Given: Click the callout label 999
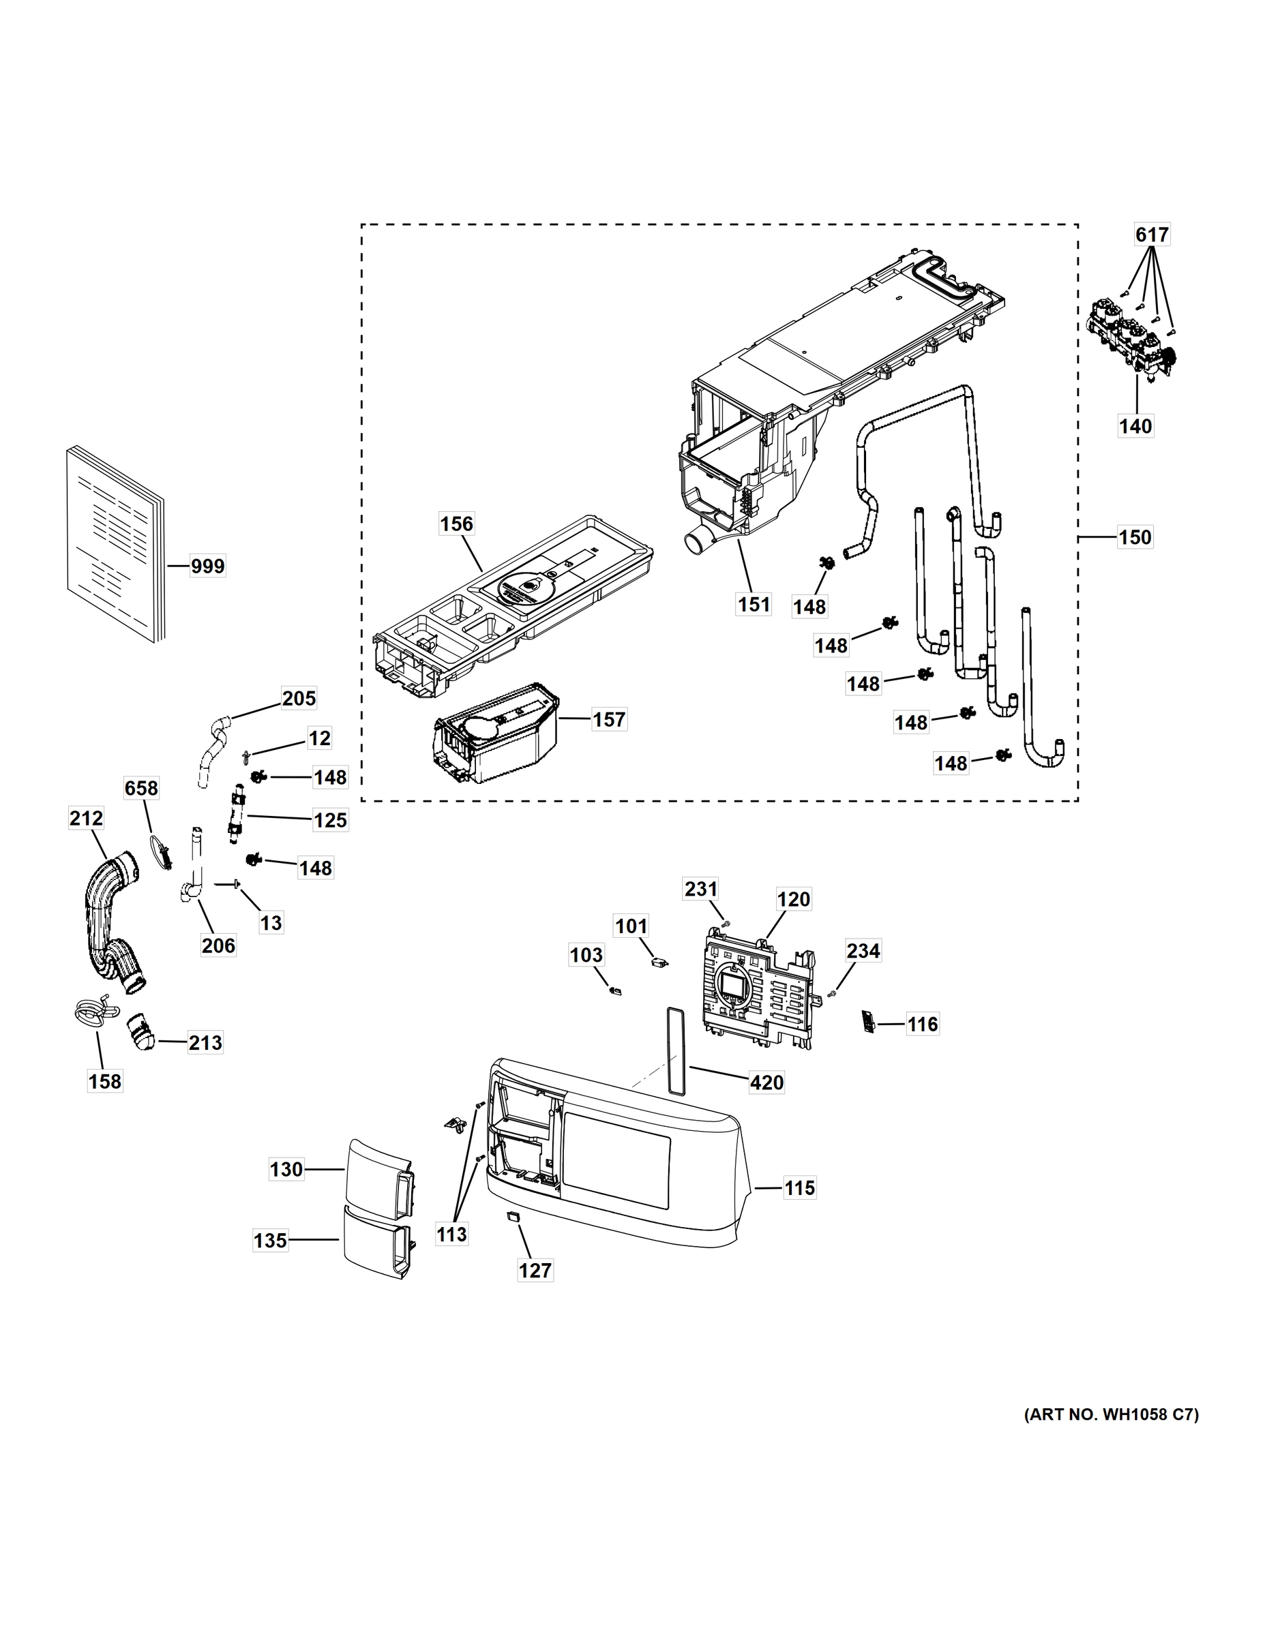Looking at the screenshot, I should pyautogui.click(x=207, y=566).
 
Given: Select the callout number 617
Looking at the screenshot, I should pyautogui.click(x=1152, y=235).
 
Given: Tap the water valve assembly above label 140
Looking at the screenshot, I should pyautogui.click(x=1129, y=338).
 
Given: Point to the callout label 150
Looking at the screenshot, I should pyautogui.click(x=1135, y=537).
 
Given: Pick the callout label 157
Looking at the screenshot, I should pyautogui.click(x=608, y=719).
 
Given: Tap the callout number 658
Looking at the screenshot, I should pyautogui.click(x=141, y=788).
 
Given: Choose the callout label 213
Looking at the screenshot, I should pyautogui.click(x=205, y=1043).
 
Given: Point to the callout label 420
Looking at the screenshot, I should pyautogui.click(x=767, y=1082).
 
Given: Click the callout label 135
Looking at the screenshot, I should pyautogui.click(x=271, y=1241).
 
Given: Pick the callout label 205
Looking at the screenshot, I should pyautogui.click(x=299, y=698).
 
